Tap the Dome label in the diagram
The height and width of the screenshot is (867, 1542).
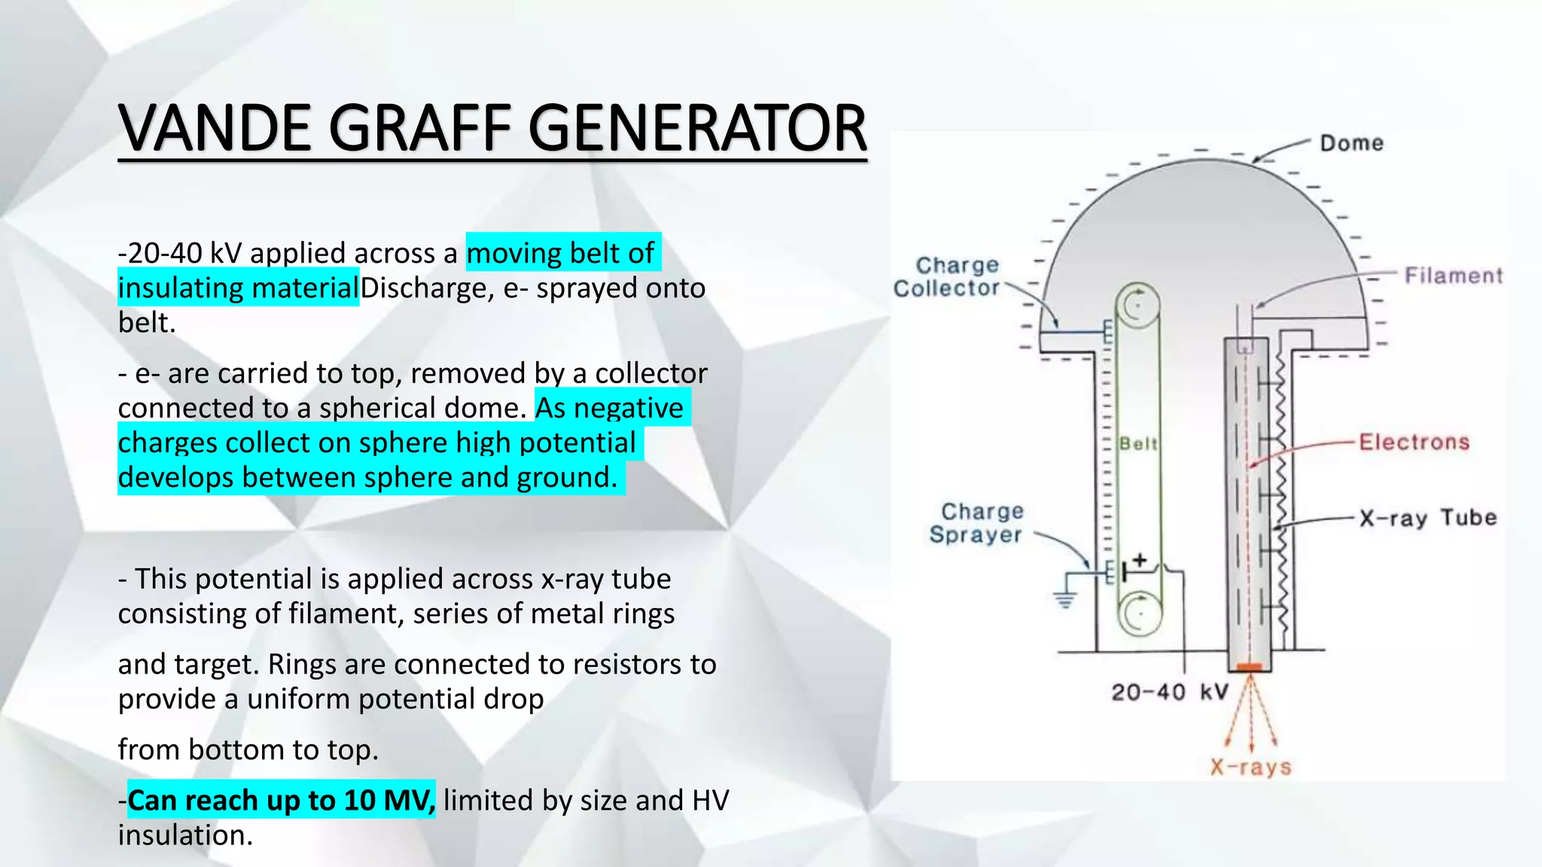pos(1352,143)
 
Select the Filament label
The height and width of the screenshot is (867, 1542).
pos(1452,275)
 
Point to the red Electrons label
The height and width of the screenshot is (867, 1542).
pos(1414,442)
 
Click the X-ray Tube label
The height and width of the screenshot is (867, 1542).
pos(1428,518)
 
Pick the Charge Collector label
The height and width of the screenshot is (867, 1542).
pos(947,276)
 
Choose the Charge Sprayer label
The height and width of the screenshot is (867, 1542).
pos(976,523)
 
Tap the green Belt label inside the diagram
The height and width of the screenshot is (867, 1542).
pos(1138,443)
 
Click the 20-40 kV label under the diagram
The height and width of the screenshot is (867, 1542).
pos(1169,692)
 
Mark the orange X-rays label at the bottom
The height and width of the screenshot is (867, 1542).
pos(1251,767)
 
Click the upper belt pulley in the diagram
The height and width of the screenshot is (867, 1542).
pos(1138,305)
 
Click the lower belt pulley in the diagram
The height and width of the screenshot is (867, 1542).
pos(1140,613)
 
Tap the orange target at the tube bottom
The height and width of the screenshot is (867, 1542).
pos(1250,667)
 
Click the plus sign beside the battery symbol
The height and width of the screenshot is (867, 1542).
pos(1140,560)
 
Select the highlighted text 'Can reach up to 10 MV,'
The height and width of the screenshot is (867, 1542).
pos(281,800)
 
